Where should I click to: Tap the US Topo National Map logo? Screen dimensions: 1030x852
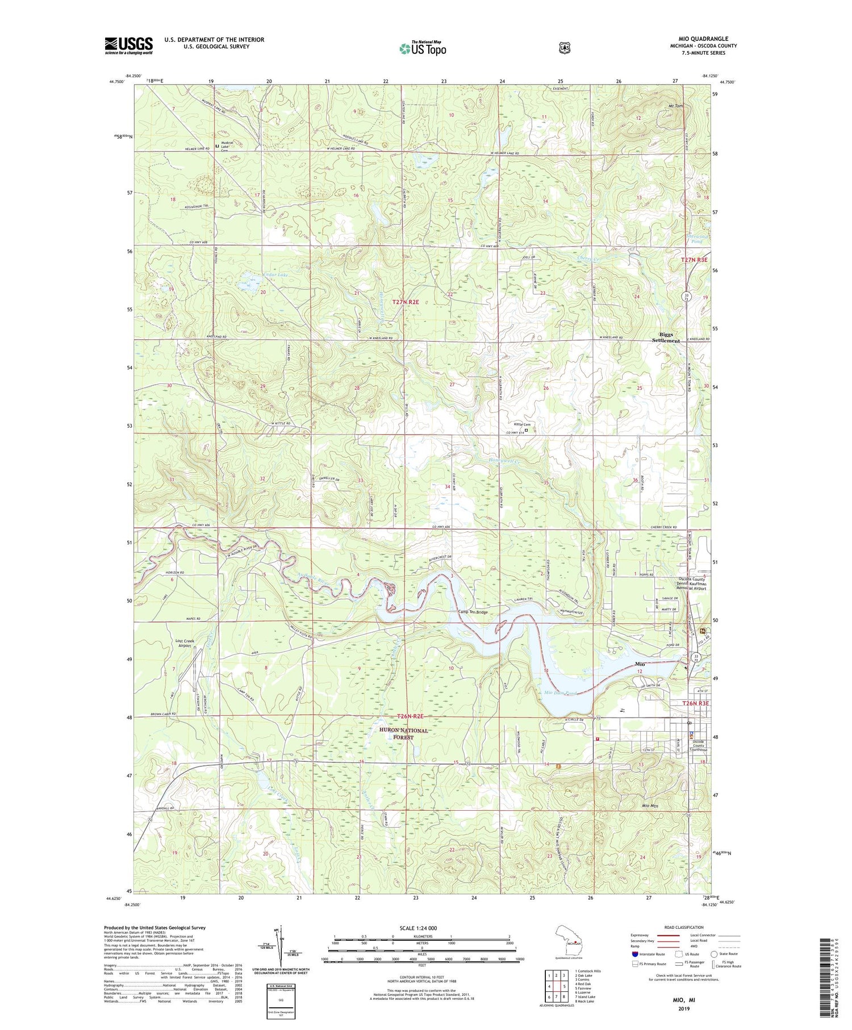click(x=422, y=48)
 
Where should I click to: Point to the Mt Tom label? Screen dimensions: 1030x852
click(x=675, y=106)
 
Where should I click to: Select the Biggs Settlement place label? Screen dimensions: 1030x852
click(x=669, y=337)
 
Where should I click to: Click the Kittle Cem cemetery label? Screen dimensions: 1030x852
click(x=522, y=424)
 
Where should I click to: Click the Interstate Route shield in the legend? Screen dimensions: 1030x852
click(x=635, y=954)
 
